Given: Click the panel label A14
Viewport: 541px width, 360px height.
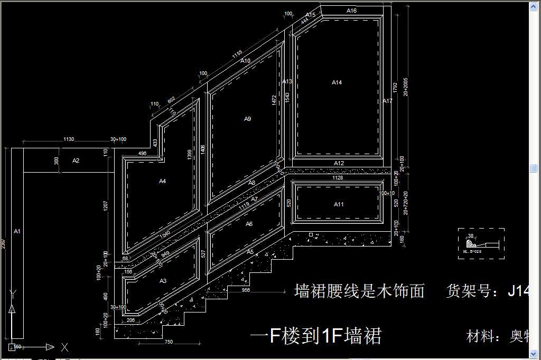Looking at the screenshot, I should (337, 82).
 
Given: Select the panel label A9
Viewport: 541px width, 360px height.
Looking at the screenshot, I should (247, 119).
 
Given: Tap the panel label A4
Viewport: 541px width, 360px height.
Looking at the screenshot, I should (163, 181).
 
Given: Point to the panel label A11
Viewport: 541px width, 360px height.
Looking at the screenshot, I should (339, 204).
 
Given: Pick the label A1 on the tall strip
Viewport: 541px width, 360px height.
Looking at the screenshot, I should (17, 231).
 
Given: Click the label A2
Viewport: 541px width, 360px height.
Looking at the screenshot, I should (76, 160).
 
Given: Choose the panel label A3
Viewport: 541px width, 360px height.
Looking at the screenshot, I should (163, 281).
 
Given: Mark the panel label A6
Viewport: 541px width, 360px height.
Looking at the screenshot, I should (249, 224).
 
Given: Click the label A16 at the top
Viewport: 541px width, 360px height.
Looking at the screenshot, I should (351, 11).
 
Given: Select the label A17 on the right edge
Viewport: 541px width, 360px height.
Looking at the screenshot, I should (388, 101).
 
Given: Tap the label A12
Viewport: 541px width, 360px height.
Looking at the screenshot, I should (339, 163).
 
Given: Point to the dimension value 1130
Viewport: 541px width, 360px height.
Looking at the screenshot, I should (69, 139).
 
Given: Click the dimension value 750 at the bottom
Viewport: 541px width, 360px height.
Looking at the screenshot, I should (169, 342).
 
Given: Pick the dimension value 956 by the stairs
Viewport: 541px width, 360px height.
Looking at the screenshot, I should (246, 290).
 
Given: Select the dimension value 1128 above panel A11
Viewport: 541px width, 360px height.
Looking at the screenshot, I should (337, 178).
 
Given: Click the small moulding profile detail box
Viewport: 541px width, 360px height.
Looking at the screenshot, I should (481, 244).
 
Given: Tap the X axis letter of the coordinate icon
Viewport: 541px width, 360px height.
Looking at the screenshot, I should (64, 347).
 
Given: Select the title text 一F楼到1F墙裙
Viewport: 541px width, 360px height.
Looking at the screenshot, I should (315, 336).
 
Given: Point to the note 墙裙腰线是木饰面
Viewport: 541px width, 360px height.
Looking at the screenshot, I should (359, 290).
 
